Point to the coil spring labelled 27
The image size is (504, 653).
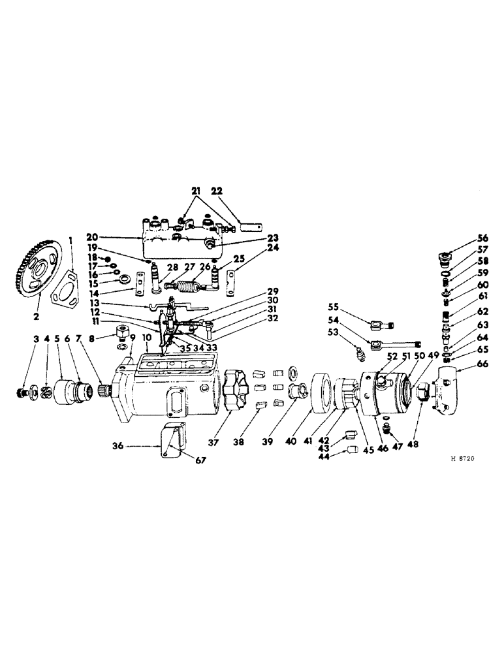(x=190, y=286)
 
